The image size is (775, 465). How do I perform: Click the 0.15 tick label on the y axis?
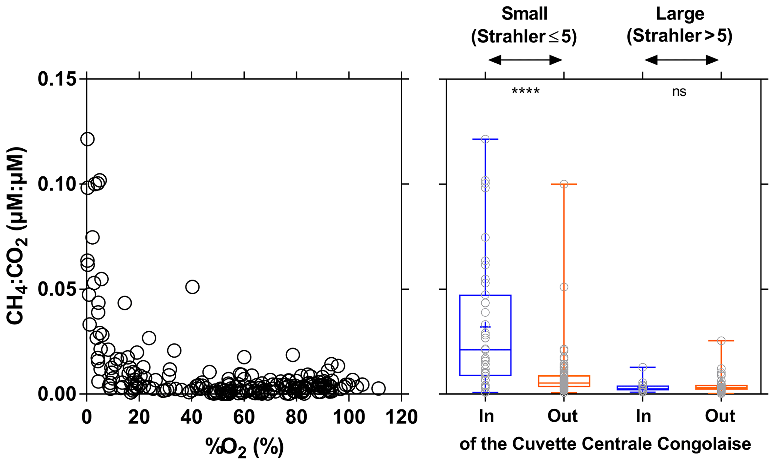click(57, 80)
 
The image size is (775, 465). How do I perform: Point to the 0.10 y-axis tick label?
click(57, 184)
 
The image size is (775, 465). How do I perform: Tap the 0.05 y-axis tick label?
click(57, 289)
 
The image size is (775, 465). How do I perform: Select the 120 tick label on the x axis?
click(401, 417)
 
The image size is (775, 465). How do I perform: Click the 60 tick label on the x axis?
click(244, 417)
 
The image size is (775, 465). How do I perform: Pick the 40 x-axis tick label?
click(192, 417)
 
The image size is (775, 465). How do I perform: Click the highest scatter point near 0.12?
click(87, 139)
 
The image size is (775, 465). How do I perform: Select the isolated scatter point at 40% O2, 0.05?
click(192, 287)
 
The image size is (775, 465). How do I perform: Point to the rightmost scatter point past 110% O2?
click(379, 388)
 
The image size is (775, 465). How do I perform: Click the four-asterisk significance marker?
click(525, 92)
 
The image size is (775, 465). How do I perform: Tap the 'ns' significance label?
click(679, 92)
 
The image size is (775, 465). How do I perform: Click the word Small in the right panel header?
click(524, 14)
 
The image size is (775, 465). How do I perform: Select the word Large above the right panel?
click(680, 14)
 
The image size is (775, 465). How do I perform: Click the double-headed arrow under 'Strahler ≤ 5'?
click(525, 60)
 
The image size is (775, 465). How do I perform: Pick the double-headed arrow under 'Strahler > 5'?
click(681, 60)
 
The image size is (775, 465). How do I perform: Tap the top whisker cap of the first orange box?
click(564, 184)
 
